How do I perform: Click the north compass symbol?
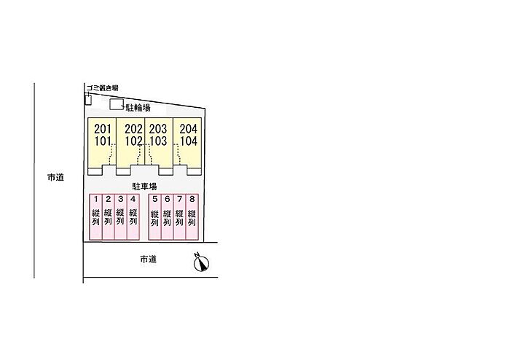[201, 262]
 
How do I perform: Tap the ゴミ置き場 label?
[102, 87]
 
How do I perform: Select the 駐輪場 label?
[138, 108]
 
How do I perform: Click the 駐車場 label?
[144, 187]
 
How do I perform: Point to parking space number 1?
[95, 217]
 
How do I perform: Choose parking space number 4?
[133, 217]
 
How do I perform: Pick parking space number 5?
[154, 217]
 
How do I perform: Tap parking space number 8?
[192, 217]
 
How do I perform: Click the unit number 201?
[103, 129]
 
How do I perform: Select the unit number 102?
[133, 141]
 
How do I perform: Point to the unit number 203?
[158, 129]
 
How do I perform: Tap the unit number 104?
[189, 141]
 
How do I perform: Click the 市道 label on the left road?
[55, 178]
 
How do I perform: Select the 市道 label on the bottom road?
[149, 259]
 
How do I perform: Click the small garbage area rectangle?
[88, 100]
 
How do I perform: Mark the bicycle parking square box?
[116, 104]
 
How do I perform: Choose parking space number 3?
[121, 217]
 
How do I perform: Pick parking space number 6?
[167, 217]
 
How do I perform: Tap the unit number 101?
[103, 141]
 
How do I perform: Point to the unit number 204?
[189, 129]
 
